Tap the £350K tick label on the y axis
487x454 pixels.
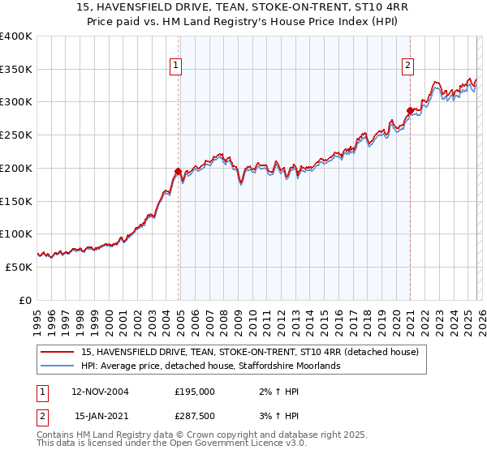[x=15, y=70]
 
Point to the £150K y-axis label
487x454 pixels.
[x=15, y=201]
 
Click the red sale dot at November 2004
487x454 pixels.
[x=178, y=171]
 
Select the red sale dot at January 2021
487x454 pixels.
[x=410, y=110]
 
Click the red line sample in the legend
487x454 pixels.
[x=58, y=352]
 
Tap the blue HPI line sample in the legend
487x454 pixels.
[x=58, y=366]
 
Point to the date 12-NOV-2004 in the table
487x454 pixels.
[x=100, y=391]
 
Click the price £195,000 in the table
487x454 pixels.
[x=195, y=391]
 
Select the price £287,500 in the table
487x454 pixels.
[x=195, y=417]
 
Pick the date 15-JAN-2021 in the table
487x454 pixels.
[x=100, y=417]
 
